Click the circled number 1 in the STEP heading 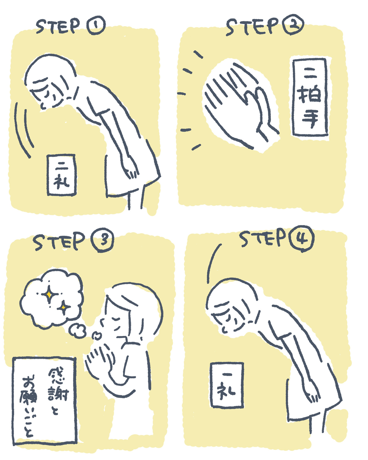pos(96,25)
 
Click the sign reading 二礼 pos(62,175)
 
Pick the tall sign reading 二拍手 pos(310,97)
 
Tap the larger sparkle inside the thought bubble pos(49,295)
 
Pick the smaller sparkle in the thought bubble pos(63,307)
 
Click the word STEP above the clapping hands pos(252,27)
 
